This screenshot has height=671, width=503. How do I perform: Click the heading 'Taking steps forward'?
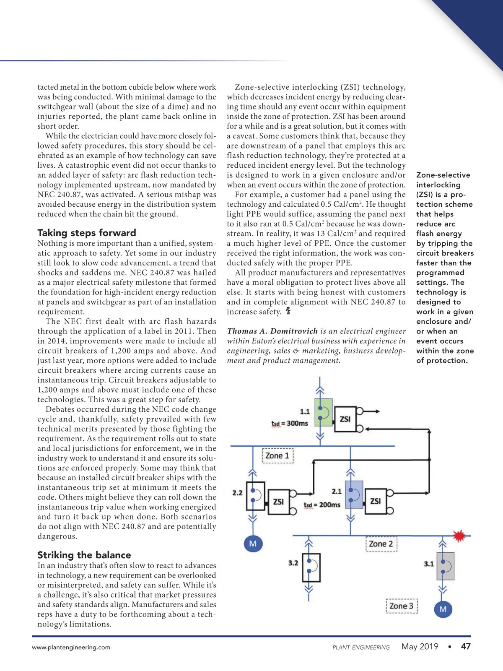[x=87, y=233]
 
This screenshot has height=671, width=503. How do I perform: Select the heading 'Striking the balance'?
[x=84, y=555]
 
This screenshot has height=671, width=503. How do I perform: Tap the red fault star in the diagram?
[x=459, y=536]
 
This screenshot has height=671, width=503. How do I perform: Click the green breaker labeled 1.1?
[x=323, y=412]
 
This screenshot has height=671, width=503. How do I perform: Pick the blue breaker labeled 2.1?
[x=354, y=495]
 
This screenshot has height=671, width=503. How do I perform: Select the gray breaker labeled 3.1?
[x=446, y=566]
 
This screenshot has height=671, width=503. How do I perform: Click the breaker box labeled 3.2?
[x=311, y=567]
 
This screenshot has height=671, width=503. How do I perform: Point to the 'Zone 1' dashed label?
[x=277, y=455]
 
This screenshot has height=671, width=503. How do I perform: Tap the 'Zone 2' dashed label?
[x=381, y=544]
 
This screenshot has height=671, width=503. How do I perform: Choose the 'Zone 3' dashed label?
[x=402, y=606]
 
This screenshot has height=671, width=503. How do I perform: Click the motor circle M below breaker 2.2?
[x=253, y=544]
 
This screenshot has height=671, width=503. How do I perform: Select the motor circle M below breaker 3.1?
[x=443, y=609]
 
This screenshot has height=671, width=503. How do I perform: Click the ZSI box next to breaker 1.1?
[x=345, y=419]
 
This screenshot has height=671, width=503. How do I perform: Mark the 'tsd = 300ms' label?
[x=290, y=424]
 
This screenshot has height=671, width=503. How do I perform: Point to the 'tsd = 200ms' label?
[x=322, y=505]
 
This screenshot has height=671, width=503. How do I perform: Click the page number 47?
[x=466, y=646]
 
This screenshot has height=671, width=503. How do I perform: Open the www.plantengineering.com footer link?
[x=71, y=647]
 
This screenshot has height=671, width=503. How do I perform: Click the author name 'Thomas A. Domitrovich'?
[x=272, y=331]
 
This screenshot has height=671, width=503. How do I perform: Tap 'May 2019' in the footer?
[x=420, y=646]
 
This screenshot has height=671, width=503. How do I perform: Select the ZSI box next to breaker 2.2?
[x=278, y=502]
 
